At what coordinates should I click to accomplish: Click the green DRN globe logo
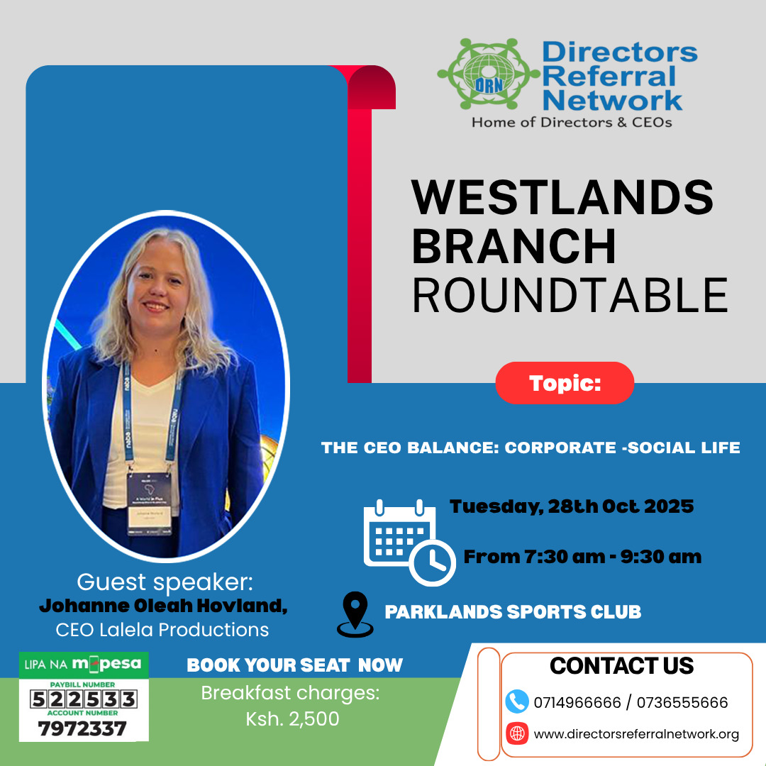pos(489,74)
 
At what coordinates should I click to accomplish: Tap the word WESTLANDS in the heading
pos(562,197)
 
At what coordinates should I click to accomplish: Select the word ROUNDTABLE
pos(570,295)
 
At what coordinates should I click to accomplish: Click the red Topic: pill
pos(565,383)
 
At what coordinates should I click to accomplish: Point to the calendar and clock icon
pos(409,543)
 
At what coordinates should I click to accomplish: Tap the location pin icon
pos(355,614)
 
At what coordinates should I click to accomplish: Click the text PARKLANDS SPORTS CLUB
pos(513,612)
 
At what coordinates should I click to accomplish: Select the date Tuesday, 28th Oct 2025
pos(572,506)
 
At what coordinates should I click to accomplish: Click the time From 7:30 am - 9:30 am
pos(582,557)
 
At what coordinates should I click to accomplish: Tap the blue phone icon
pos(517,701)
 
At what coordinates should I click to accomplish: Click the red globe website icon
pos(517,733)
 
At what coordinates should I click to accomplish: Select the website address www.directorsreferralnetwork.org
pos(636,734)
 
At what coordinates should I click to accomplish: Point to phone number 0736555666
pos(682,702)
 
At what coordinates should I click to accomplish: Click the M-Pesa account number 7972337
pos(82,729)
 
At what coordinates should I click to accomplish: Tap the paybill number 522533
pos(83,699)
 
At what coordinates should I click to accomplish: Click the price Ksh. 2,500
pos(292,719)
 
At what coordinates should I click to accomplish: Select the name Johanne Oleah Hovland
pos(162,606)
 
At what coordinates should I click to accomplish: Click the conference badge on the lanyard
pos(150,504)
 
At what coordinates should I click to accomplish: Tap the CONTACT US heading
pos(621,666)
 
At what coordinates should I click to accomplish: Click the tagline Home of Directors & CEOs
pos(572,122)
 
